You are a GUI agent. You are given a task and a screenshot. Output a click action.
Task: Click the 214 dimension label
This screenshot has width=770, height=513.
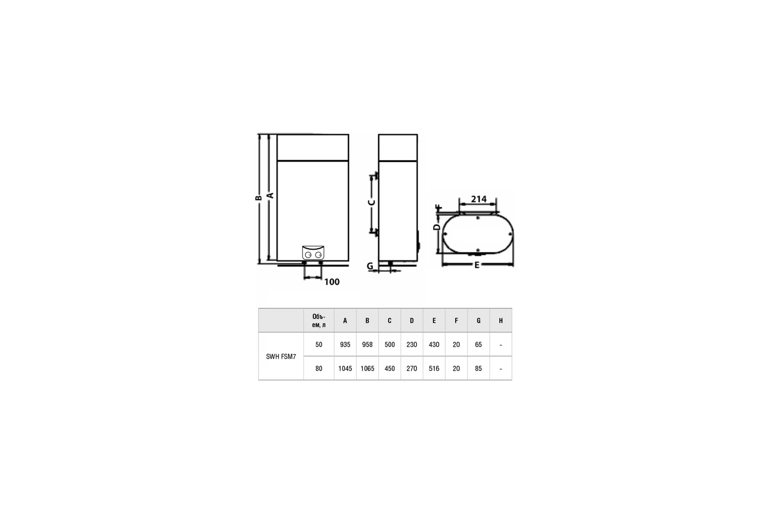(479, 199)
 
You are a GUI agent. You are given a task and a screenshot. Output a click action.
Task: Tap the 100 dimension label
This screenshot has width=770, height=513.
(332, 282)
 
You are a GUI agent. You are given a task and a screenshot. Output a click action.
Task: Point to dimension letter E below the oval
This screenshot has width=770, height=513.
(477, 265)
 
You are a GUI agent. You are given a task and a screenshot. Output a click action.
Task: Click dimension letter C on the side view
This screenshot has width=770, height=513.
(371, 203)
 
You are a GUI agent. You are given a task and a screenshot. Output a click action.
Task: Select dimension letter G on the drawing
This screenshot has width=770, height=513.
(370, 266)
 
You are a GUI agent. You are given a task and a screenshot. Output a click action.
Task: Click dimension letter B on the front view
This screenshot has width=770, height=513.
(258, 198)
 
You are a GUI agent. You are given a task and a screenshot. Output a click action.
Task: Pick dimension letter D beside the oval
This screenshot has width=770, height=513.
(437, 227)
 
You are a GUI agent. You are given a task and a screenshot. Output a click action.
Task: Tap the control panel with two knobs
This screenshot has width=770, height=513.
(313, 253)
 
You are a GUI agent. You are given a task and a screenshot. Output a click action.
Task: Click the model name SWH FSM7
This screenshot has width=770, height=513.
(281, 357)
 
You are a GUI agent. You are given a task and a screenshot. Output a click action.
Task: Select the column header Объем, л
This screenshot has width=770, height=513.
(319, 321)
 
